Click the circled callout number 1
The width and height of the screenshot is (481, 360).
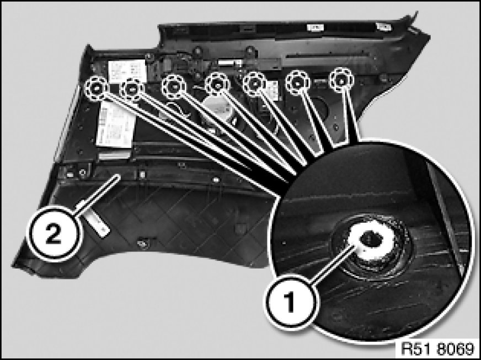290,302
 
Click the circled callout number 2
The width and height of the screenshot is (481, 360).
54,234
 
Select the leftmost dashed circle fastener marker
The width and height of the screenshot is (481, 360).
96,89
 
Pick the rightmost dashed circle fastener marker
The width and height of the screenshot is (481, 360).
341,80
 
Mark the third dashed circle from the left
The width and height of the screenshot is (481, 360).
173,87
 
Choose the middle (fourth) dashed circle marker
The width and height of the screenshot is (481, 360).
217,84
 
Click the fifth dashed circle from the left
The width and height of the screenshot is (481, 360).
255,84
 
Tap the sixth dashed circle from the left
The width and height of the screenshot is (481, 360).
297,83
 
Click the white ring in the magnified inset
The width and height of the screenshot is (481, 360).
372,239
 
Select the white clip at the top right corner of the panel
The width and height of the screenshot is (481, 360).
383,26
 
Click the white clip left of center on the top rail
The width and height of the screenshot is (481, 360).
316,28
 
